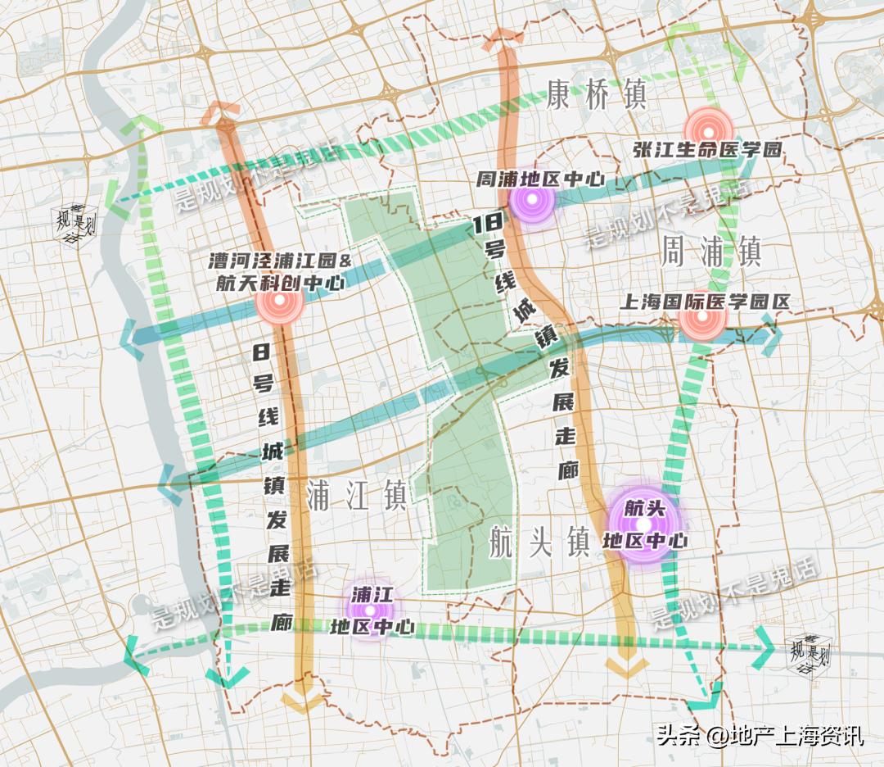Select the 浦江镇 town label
[356, 495]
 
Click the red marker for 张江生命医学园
[709, 128]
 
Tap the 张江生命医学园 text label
[708, 151]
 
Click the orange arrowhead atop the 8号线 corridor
[223, 113]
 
